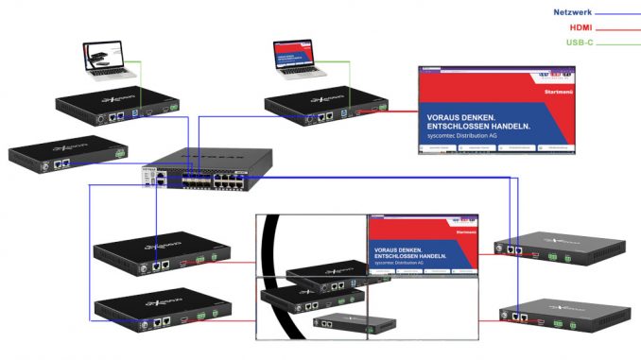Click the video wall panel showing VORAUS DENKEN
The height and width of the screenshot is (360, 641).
[424, 246]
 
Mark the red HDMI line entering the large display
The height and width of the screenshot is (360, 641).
[397, 114]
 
